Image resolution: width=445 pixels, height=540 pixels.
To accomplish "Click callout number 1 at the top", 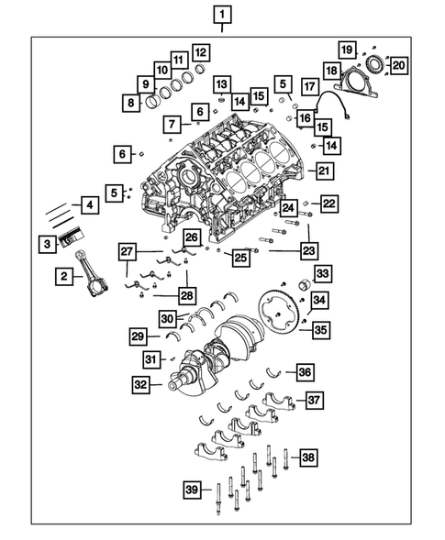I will coord(223,14).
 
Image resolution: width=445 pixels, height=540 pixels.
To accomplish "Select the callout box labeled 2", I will coord(64,275).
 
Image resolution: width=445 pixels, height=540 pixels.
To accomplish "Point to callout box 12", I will coord(199,52).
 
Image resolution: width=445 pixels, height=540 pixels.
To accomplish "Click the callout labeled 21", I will coord(323,170).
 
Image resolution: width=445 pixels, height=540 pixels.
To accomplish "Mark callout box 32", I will coord(139,386).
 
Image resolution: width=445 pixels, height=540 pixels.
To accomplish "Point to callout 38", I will coord(308,457).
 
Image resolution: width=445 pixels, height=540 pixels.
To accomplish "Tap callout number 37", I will coord(314,400).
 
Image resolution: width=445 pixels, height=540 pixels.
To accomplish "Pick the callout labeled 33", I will coord(322,274).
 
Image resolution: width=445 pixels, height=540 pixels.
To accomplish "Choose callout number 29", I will coord(136,336).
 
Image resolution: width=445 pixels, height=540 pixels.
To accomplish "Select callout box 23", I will coord(308,248).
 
